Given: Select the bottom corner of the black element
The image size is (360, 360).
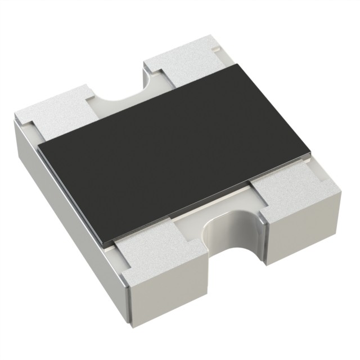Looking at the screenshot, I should click(106, 244).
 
